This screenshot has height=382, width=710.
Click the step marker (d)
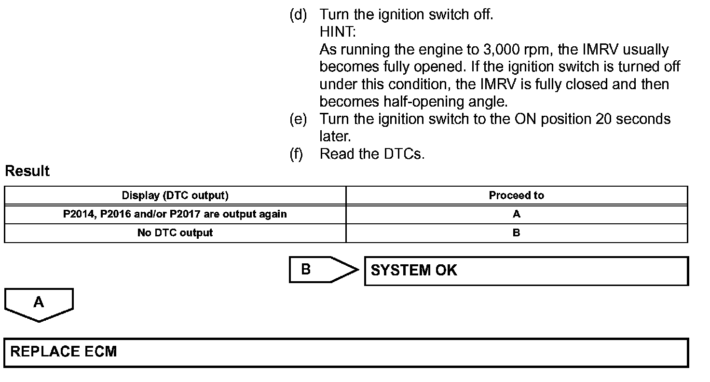tap(298, 15)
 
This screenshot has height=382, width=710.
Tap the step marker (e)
tap(298, 119)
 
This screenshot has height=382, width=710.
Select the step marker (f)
tap(296, 154)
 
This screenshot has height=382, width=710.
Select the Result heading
tap(27, 171)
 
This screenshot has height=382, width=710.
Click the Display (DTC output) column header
tap(175, 195)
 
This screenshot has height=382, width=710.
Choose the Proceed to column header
tap(516, 195)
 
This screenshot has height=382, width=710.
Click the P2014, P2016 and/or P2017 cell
tap(175, 214)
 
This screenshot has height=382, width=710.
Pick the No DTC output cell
tap(175, 233)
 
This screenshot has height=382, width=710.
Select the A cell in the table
tap(516, 214)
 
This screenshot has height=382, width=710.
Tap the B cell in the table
tap(516, 233)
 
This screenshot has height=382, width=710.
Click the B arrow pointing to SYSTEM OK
tap(318, 270)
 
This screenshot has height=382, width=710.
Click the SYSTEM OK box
tap(526, 271)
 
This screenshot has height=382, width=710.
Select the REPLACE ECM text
tap(64, 352)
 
